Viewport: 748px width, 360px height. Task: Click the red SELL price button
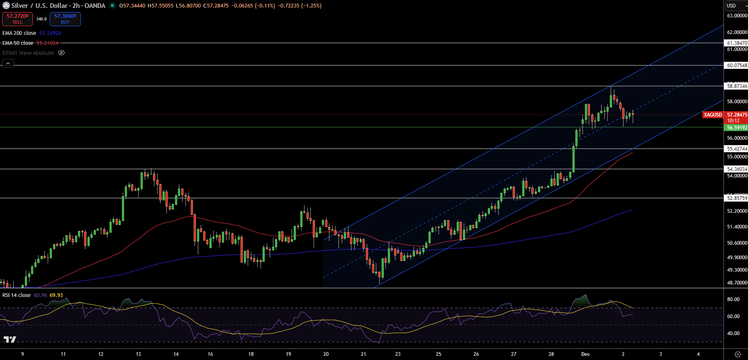(17, 19)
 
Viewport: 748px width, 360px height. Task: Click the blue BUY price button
(65, 19)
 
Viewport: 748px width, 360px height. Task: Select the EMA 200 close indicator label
(19, 33)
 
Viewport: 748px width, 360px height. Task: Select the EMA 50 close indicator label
(18, 43)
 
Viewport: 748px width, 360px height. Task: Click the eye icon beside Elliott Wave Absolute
(61, 53)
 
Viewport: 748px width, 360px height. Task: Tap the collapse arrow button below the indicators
(8, 63)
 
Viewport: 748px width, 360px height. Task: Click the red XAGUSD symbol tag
(713, 114)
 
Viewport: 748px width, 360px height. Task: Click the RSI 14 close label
(17, 295)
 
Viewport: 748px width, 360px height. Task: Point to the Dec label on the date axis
(585, 354)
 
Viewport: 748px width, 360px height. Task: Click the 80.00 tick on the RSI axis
(733, 299)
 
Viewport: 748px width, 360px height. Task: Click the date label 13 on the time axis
(138, 354)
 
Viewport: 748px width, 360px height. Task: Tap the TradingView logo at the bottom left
(10, 339)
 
